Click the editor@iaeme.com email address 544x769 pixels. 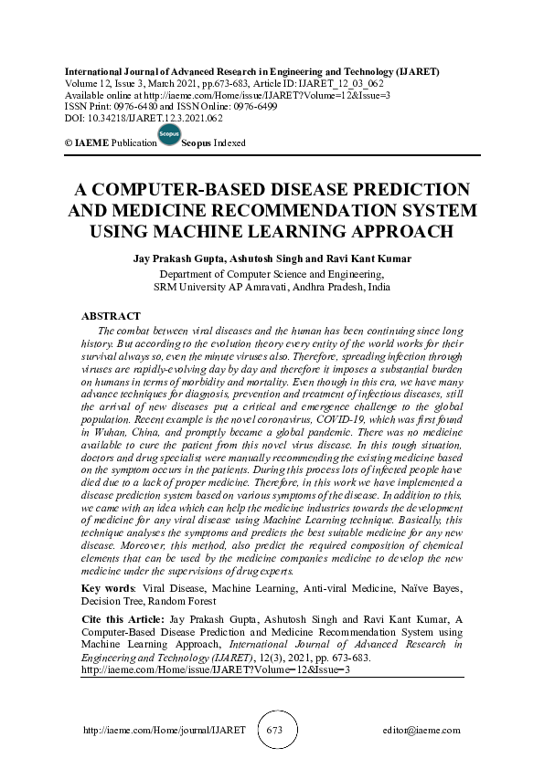pyautogui.click(x=421, y=731)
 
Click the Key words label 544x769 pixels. pyautogui.click(x=103, y=589)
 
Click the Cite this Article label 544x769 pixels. pyautogui.click(x=120, y=619)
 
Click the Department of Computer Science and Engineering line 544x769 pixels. pyautogui.click(x=272, y=273)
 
